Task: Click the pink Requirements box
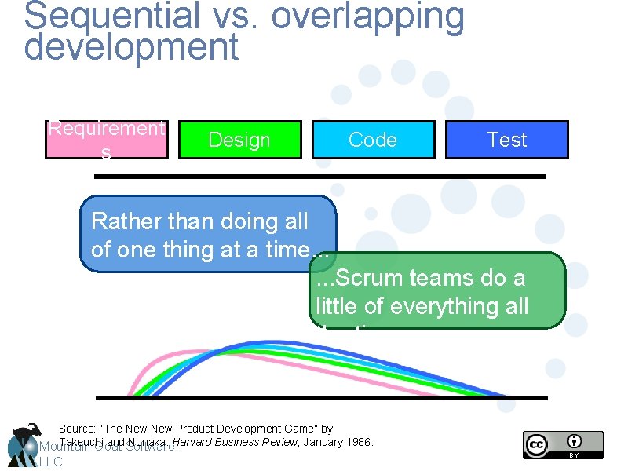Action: pyautogui.click(x=106, y=140)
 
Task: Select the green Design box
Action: pyautogui.click(x=239, y=140)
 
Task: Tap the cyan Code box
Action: pyautogui.click(x=373, y=140)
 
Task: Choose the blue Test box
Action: pyautogui.click(x=506, y=140)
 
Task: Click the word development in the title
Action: pyautogui.click(x=131, y=47)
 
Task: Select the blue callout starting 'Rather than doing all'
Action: pyautogui.click(x=208, y=234)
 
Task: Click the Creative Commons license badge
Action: pyautogui.click(x=563, y=444)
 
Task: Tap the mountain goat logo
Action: pyautogui.click(x=24, y=443)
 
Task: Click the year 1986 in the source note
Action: pyautogui.click(x=360, y=443)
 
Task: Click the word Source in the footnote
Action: pyautogui.click(x=77, y=429)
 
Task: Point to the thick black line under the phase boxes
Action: pyautogui.click(x=319, y=177)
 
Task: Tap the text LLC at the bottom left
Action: pyautogui.click(x=49, y=462)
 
